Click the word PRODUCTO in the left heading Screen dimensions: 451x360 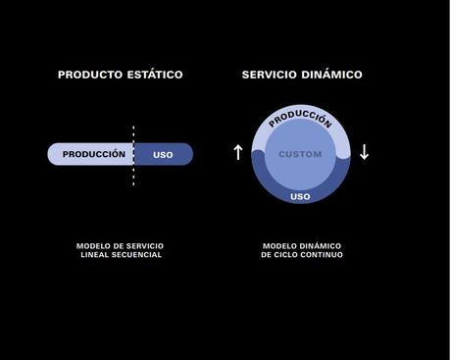pyautogui.click(x=88, y=75)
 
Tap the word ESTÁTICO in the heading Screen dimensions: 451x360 pyautogui.click(x=153, y=75)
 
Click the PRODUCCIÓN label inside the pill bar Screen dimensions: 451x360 pyautogui.click(x=94, y=154)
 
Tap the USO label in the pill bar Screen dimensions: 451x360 pyautogui.click(x=163, y=154)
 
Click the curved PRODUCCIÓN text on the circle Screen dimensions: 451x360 pyautogui.click(x=300, y=119)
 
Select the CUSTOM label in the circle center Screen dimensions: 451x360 pyautogui.click(x=300, y=155)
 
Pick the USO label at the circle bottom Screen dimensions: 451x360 pyautogui.click(x=301, y=196)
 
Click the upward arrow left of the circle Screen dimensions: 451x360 pyautogui.click(x=237, y=152)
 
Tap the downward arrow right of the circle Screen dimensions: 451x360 pyautogui.click(x=364, y=152)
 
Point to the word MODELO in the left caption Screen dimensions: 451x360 pyautogui.click(x=92, y=245)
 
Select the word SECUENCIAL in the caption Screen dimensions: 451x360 pyautogui.click(x=137, y=255)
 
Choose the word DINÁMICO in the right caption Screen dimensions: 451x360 pyautogui.click(x=316, y=245)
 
